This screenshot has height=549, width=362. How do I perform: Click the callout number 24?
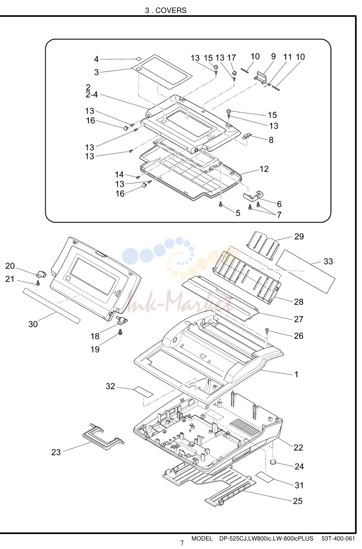[299, 466]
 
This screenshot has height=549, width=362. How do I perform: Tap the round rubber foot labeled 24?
[273, 462]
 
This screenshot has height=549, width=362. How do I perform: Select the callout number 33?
[328, 261]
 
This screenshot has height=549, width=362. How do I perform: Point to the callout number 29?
[299, 236]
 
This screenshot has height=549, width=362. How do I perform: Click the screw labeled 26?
[267, 331]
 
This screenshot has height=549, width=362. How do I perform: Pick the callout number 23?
[56, 452]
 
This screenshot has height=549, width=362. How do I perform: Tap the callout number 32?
[110, 386]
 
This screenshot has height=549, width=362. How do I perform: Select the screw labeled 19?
[120, 332]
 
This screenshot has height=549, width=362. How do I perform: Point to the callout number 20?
[10, 266]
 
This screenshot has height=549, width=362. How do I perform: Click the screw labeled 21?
[38, 283]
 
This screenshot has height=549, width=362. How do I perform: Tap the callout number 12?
[264, 169]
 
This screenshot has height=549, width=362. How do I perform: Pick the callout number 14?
[119, 175]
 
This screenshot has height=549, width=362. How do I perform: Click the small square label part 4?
[139, 59]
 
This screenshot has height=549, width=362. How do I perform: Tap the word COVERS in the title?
[171, 10]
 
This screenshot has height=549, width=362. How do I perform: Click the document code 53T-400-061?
[338, 538]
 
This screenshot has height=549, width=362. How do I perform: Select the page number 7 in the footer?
[182, 543]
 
